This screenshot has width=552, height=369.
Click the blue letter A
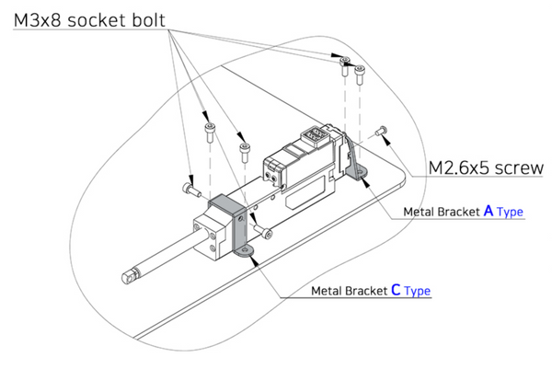(x=489, y=211)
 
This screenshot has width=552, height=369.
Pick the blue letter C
(x=396, y=291)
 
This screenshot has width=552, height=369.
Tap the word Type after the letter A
(x=512, y=213)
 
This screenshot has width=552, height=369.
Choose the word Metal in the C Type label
(x=328, y=293)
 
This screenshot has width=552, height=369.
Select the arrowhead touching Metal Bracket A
(x=366, y=178)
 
